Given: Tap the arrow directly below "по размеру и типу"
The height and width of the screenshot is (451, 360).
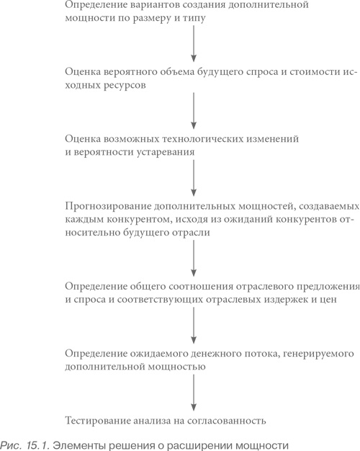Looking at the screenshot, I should [x=194, y=45].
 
